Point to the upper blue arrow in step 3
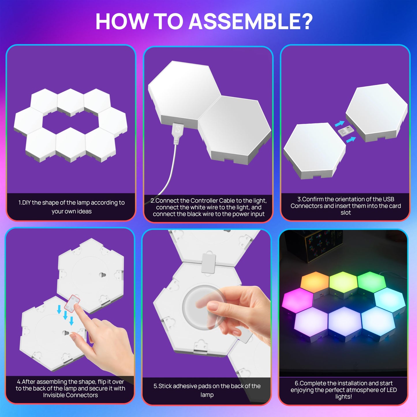click(x=340, y=124)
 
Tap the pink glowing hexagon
click(x=297, y=300)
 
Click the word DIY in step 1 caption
click(x=26, y=203)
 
